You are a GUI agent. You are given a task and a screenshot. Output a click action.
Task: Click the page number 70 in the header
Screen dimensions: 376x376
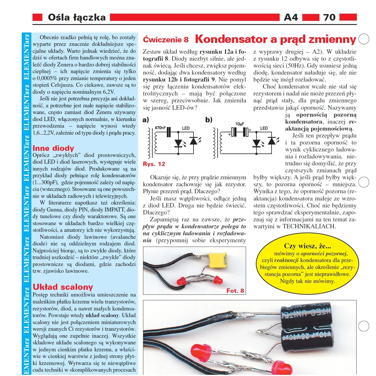click(329, 17)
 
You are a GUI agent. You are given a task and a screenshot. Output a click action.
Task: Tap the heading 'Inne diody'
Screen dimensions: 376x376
click(53, 148)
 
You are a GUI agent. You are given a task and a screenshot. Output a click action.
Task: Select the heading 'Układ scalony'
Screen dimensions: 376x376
click(63, 287)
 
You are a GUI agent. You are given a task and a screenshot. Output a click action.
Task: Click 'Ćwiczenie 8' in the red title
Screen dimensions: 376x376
click(166, 40)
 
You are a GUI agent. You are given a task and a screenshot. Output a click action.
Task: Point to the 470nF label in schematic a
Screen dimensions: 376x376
click(160, 128)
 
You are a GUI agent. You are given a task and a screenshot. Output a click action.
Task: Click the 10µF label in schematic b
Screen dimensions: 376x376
click(240, 124)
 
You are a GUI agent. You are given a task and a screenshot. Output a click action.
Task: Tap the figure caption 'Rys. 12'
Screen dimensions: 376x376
click(154, 164)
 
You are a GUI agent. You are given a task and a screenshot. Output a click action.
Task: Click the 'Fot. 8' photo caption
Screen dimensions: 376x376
click(235, 290)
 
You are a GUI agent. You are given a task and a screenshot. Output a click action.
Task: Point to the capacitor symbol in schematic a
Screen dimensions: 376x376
click(169, 132)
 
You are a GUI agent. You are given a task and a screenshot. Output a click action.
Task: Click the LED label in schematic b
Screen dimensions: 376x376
click(264, 128)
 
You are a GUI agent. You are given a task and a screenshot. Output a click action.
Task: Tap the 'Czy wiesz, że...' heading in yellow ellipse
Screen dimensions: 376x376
click(307, 246)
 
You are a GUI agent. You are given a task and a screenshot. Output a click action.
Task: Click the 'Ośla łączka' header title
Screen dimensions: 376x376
click(77, 17)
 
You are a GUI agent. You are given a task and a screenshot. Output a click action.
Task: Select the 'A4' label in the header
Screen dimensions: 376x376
click(291, 17)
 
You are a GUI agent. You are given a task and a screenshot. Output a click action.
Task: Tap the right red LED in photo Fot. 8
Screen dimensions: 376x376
click(217, 280)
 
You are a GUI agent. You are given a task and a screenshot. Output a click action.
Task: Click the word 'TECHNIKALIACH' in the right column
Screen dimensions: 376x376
click(309, 227)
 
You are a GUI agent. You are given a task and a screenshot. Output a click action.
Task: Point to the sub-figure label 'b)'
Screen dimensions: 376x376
click(209, 120)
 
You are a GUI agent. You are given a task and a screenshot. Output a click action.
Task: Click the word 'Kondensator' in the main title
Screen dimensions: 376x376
click(231, 39)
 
